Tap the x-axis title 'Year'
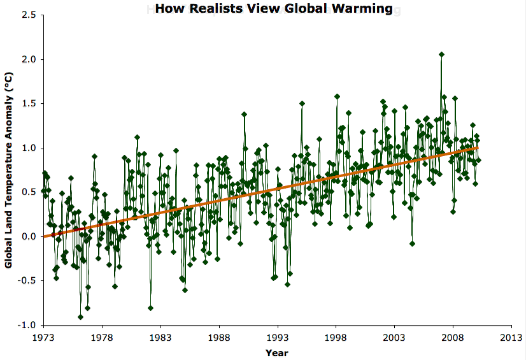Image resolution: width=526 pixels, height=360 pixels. pyautogui.click(x=277, y=352)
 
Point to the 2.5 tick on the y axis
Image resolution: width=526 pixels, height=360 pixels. pyautogui.click(x=27, y=15)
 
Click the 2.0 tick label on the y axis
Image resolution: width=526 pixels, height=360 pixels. pyautogui.click(x=27, y=59)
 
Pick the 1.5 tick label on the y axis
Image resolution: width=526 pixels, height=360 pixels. pyautogui.click(x=27, y=103)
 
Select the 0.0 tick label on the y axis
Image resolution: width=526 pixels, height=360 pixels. pyautogui.click(x=27, y=236)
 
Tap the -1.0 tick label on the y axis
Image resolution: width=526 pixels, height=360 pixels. pyautogui.click(x=25, y=325)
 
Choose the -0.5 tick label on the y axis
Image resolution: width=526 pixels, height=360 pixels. pyautogui.click(x=25, y=280)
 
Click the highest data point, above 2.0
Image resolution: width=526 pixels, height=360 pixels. pyautogui.click(x=441, y=54)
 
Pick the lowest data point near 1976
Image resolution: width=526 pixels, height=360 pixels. pyautogui.click(x=80, y=317)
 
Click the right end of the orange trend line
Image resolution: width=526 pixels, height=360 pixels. pyautogui.click(x=478, y=147)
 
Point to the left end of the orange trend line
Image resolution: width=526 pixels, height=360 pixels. pyautogui.click(x=44, y=236)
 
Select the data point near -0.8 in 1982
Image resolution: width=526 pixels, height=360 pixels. pyautogui.click(x=151, y=308)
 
